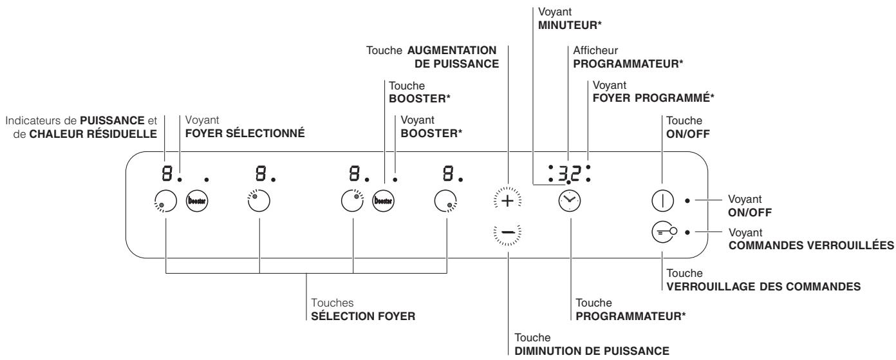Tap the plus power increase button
tap(509, 201)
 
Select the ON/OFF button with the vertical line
tap(662, 201)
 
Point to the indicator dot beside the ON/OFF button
tap(688, 201)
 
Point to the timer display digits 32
tap(570, 173)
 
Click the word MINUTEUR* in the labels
tap(565, 24)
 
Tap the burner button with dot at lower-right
tap(443, 201)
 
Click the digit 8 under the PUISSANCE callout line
tap(165, 173)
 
